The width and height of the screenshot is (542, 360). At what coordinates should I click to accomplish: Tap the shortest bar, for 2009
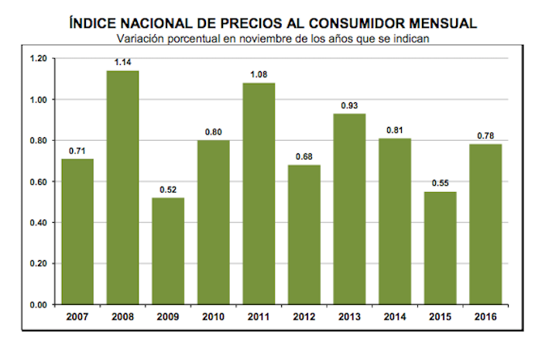168,251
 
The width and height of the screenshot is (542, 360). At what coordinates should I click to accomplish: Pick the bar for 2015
441,248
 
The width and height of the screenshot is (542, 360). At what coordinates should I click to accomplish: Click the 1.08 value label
259,75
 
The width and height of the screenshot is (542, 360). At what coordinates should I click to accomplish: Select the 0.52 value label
168,190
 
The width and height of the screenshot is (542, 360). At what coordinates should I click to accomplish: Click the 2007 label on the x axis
77,316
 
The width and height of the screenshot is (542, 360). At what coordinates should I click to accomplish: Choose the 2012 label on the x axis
304,316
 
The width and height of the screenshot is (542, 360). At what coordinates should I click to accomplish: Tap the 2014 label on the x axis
396,316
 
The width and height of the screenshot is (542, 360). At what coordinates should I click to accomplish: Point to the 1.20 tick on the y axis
38,59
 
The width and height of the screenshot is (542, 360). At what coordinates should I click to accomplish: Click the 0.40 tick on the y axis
38,223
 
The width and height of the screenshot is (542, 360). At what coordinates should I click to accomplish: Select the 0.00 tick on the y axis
38,305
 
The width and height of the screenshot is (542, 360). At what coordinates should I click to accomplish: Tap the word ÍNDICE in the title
96,22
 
